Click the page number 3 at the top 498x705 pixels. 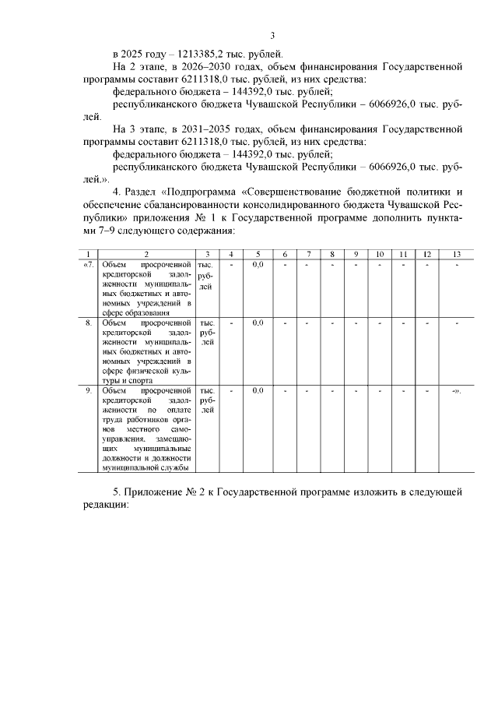(x=272, y=35)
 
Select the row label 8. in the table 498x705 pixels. (x=89, y=323)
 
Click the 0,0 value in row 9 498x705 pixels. (x=258, y=390)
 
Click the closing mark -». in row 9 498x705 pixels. (x=457, y=390)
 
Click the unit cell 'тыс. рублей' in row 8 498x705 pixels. (x=207, y=332)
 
